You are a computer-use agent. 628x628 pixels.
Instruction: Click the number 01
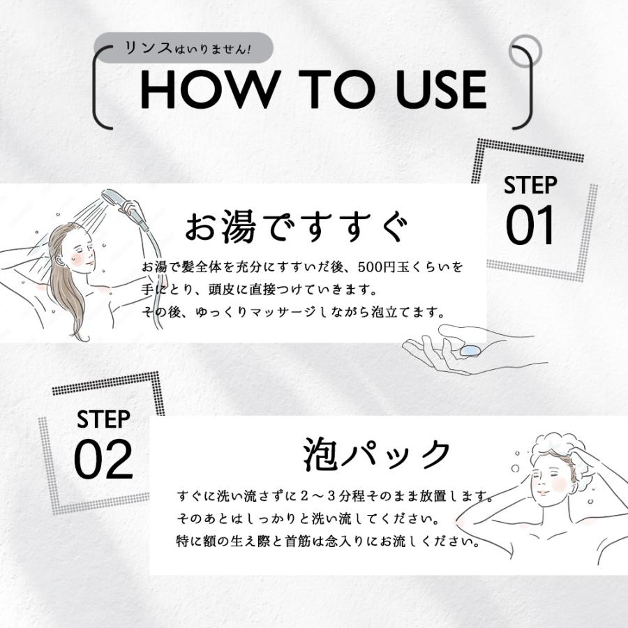coord(530,225)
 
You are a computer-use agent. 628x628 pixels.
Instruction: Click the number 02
coord(103,458)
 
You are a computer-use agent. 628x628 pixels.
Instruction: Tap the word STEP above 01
coord(530,186)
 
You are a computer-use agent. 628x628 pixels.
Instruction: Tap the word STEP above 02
coord(103,419)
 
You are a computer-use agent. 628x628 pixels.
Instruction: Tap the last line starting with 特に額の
coord(329,541)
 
